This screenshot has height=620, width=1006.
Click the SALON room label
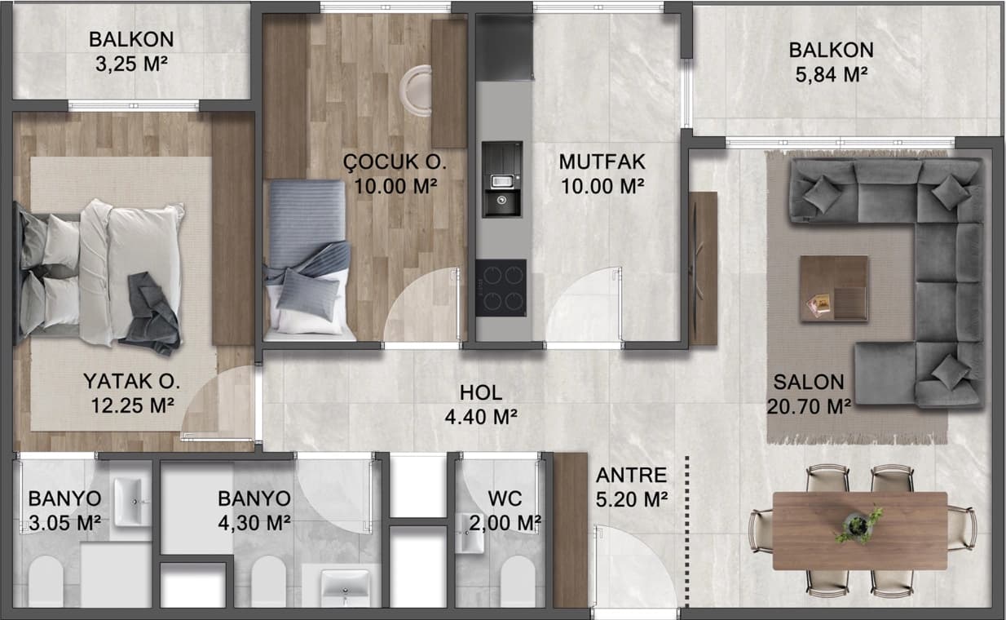tap(809, 383)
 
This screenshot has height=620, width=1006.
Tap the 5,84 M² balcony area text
tap(831, 75)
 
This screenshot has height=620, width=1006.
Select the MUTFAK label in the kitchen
tap(601, 162)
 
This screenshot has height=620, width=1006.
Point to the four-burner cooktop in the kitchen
tap(501, 287)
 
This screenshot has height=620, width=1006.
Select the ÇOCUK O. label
tap(395, 162)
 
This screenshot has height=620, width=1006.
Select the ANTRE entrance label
tap(631, 475)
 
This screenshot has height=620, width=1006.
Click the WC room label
tap(505, 498)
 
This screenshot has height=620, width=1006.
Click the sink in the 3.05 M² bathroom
tap(128, 501)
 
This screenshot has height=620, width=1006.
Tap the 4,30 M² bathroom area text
tap(254, 522)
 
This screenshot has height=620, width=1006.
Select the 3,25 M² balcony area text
tap(131, 65)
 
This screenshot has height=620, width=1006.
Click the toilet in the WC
tap(517, 582)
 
